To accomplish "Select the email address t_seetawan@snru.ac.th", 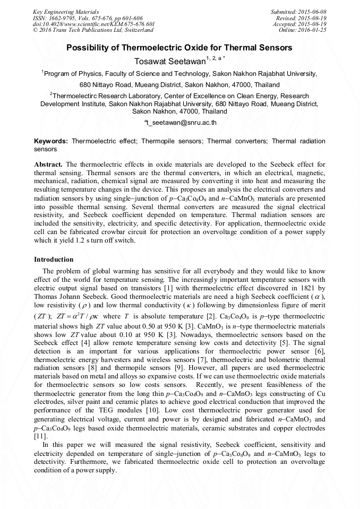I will [181, 123].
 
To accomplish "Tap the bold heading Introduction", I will [54, 260].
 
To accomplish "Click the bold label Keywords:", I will [51, 142].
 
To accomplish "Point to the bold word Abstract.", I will [48, 165].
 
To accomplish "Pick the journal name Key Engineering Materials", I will [66, 12].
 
